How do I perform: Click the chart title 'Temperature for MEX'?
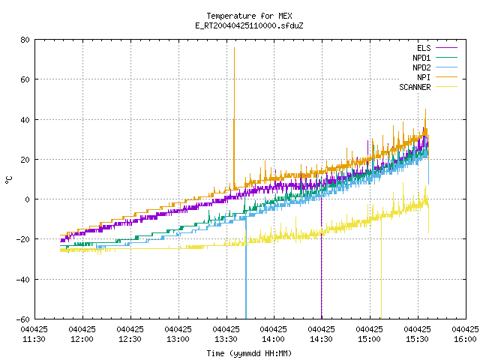point(249,16)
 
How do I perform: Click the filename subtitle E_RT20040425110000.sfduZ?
point(249,25)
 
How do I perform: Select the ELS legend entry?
point(436,48)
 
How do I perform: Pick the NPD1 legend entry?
point(435,58)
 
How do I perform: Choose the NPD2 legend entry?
point(435,67)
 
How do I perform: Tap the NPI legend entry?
point(436,77)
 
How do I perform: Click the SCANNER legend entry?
point(428,87)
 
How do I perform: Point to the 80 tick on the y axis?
point(25,40)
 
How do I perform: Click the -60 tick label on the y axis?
point(23,319)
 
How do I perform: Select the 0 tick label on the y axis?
point(27,199)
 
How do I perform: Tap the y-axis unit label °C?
point(8,180)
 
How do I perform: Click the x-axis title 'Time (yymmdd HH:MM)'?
point(249,353)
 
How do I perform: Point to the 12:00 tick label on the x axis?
point(82,334)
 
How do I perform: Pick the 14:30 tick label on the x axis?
point(322,334)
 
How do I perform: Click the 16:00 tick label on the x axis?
point(465,334)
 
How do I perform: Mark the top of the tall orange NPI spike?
point(234,48)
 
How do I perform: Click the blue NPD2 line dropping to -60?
point(246,268)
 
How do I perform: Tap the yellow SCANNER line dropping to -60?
point(381,268)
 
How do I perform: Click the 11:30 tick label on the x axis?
point(34,334)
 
